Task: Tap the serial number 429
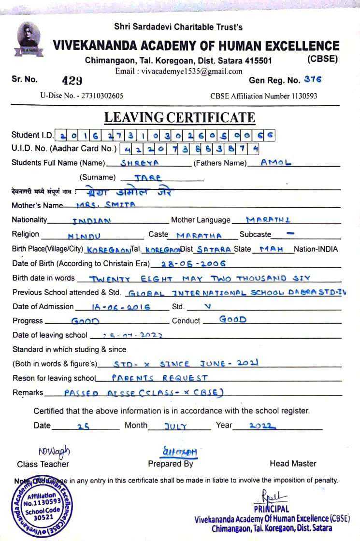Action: click(x=72, y=80)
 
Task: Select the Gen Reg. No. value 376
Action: click(x=313, y=80)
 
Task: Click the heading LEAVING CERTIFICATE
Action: click(x=180, y=117)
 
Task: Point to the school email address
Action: click(x=179, y=71)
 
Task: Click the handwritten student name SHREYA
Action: click(x=140, y=163)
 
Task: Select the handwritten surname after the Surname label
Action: click(x=148, y=177)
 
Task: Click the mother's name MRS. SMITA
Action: click(x=106, y=204)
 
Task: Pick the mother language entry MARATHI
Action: click(x=268, y=220)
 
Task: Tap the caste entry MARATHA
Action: click(x=199, y=236)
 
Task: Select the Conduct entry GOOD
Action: click(x=233, y=319)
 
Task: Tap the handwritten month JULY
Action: click(x=175, y=426)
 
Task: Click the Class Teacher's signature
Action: click(x=54, y=451)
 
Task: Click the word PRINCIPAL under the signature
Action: click(x=271, y=509)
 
